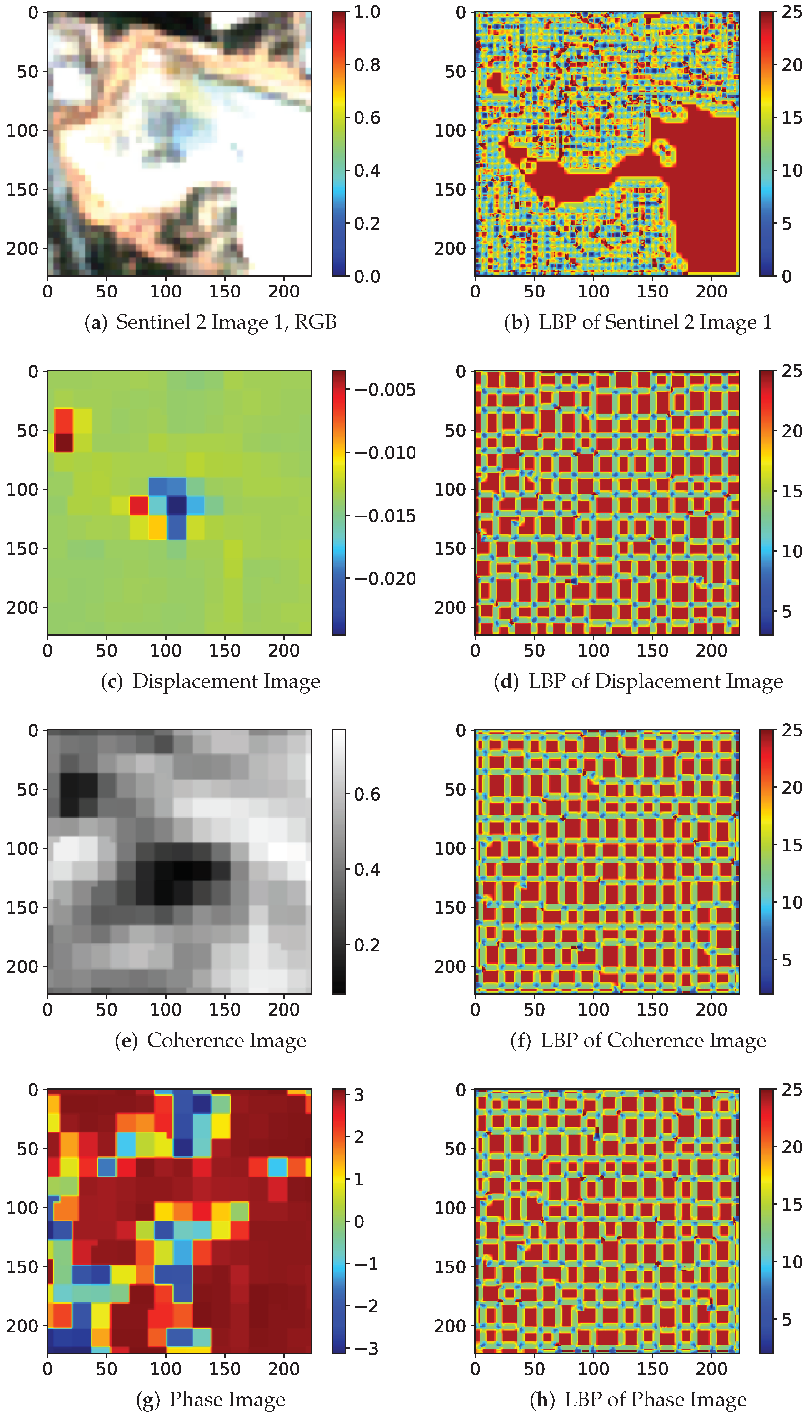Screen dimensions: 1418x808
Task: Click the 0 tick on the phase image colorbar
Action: click(359, 1221)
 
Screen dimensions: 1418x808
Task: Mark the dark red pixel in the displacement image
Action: click(63, 443)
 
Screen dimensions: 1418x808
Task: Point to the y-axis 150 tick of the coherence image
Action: click(22, 907)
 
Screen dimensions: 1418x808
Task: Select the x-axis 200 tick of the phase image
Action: click(284, 1369)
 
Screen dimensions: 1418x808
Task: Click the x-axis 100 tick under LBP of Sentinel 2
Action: click(593, 291)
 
